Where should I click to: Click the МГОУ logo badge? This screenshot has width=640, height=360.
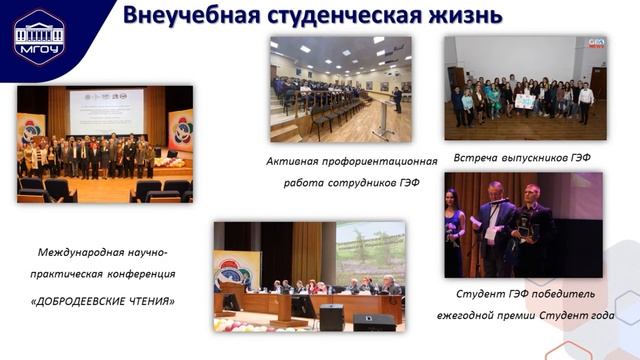point(38,37)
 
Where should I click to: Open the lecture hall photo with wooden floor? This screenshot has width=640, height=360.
point(340,88)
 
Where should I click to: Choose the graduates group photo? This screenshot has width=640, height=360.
point(525,88)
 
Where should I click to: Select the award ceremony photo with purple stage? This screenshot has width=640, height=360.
point(523,224)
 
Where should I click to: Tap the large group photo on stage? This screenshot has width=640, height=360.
point(104,143)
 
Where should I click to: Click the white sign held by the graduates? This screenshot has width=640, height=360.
point(523,101)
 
